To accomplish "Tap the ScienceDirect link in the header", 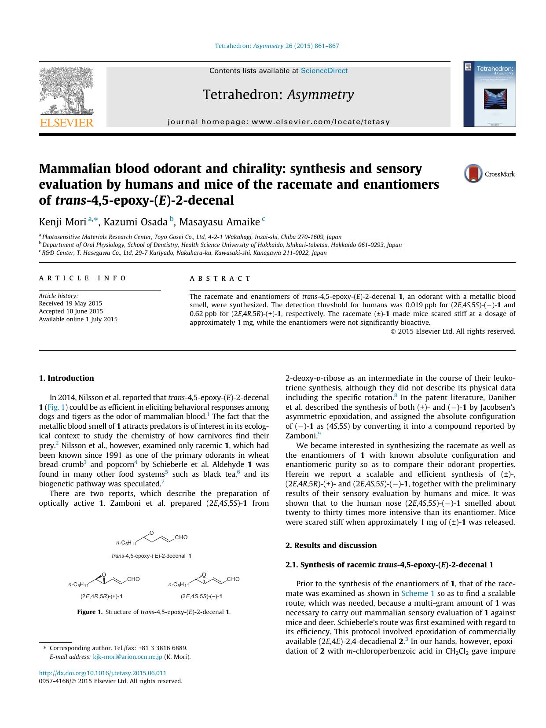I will pos(324,71).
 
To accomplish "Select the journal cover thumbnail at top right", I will pos(489,94).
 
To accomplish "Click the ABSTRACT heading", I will pos(220,279).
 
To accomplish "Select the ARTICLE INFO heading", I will pos(83,278).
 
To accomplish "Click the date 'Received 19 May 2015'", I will pos(70,303).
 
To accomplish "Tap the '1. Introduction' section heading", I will pos(66,378).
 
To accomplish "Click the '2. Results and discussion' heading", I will pos(331,545).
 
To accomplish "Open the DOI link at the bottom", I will pos(103,673).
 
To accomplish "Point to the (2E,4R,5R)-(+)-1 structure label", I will pos(101,596).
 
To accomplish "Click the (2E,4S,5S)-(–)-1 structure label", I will pos(201,596).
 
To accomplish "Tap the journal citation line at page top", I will pos(277,46).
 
